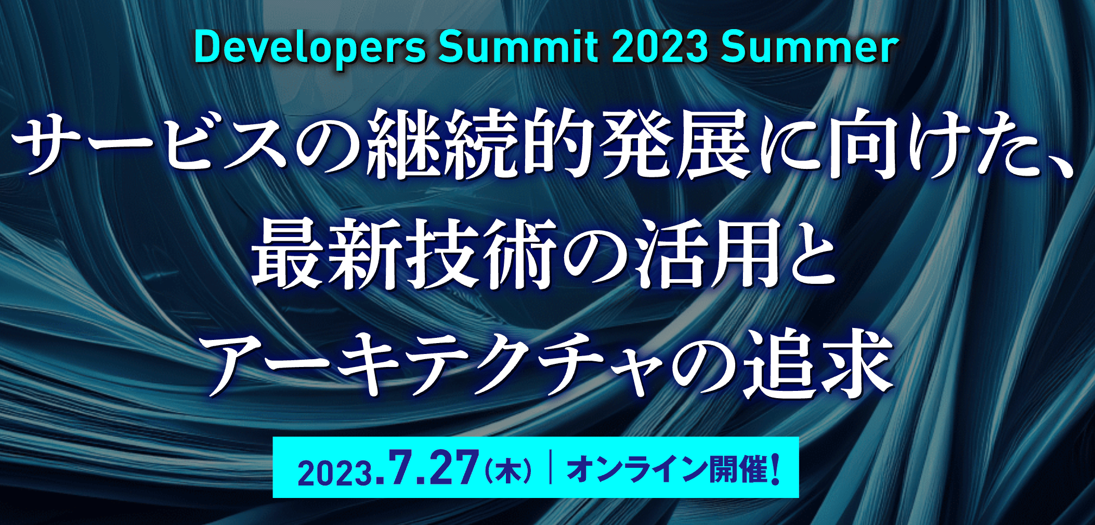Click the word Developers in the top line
(310, 49)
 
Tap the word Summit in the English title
(518, 48)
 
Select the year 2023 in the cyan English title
(659, 48)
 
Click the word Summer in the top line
(810, 48)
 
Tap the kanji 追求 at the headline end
(818, 364)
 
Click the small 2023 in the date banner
(335, 473)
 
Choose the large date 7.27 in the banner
(427, 467)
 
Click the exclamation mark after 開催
(776, 469)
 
